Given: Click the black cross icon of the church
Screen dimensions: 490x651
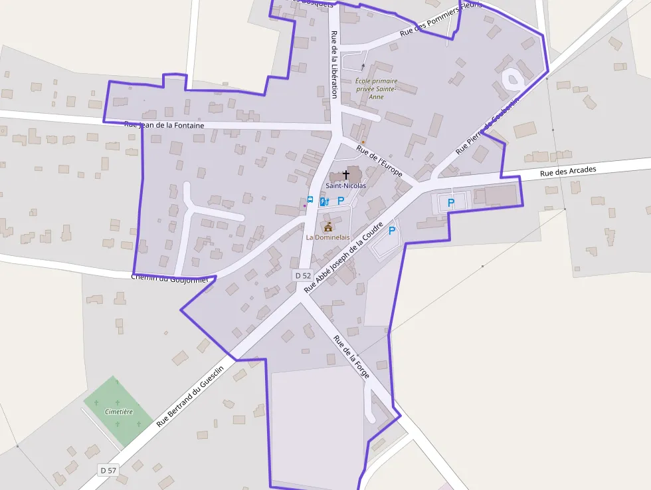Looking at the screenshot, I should (345, 175).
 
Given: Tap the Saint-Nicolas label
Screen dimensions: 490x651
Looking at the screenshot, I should (345, 185).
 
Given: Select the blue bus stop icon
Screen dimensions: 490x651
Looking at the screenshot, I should (310, 200).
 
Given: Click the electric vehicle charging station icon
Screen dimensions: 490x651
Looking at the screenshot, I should (324, 201).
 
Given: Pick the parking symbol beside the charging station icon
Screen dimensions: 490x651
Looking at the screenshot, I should (341, 200).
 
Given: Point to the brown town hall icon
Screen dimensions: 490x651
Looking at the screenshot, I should (327, 227).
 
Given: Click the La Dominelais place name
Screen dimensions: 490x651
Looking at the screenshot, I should (327, 237).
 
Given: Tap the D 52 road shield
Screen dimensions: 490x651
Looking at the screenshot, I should (303, 275).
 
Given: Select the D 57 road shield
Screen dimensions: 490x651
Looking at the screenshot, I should (108, 470).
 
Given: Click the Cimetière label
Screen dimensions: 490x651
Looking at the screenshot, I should (119, 412).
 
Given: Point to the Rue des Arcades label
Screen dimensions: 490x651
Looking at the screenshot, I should (568, 172).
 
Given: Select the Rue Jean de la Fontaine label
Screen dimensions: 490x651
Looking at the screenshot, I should (173, 125).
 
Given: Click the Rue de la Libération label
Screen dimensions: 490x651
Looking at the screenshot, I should (333, 64).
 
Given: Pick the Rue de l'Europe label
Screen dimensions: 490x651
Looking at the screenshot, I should (379, 160).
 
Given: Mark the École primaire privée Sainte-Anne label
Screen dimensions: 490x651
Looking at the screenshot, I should (376, 88).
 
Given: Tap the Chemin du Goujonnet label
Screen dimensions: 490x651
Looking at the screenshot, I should (170, 279).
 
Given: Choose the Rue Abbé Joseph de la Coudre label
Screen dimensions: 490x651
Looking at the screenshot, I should (343, 258).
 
